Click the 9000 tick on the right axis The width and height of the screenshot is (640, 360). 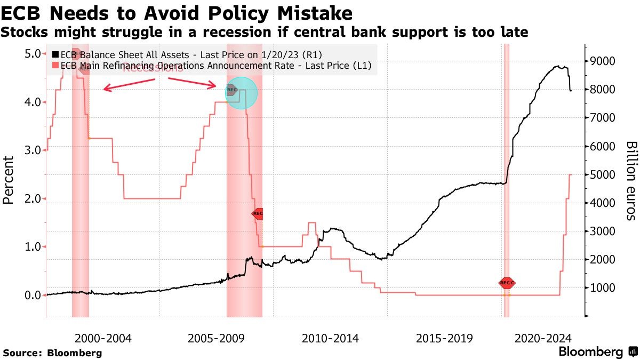tap(603, 61)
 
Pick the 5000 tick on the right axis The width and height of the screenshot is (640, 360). tap(603, 174)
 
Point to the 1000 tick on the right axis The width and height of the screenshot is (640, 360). tap(603, 288)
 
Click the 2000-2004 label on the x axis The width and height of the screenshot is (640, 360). tap(103, 338)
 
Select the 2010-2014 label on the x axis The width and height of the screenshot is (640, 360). tap(330, 338)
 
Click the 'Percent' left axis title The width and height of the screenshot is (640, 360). tap(9, 180)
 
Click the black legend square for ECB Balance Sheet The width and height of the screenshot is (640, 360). tap(55, 54)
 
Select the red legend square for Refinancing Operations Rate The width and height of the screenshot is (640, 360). tap(55, 66)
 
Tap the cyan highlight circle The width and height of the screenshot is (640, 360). tap(242, 93)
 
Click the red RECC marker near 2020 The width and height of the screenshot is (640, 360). tap(507, 283)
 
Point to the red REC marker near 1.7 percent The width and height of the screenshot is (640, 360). tap(258, 213)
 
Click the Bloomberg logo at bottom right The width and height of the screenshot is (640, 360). tap(598, 352)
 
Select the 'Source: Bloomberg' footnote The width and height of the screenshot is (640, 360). tap(52, 353)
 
